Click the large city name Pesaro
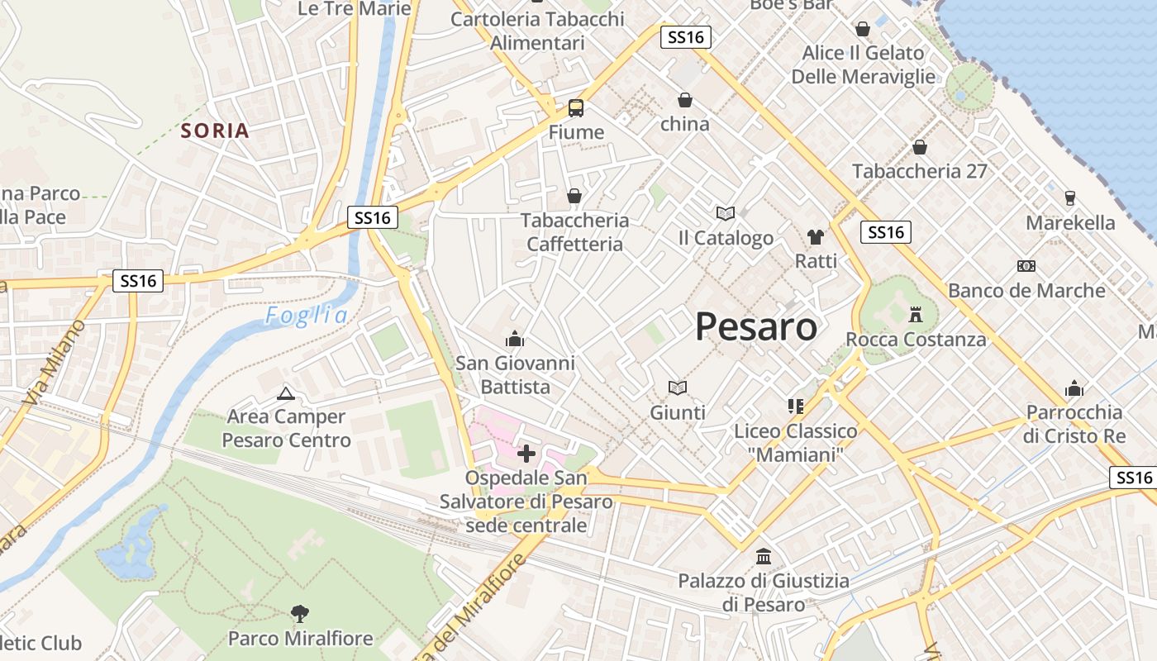(756, 327)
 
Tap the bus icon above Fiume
(576, 107)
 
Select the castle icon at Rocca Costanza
(916, 315)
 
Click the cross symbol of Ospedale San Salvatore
(526, 453)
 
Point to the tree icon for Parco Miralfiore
(300, 613)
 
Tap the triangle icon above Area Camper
(286, 393)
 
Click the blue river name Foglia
(307, 315)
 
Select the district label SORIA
(215, 131)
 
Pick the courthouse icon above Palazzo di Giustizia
(763, 556)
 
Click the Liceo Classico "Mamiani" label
(796, 442)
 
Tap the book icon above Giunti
(678, 388)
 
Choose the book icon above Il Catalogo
(726, 213)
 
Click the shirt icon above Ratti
(816, 237)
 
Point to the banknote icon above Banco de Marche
(1026, 266)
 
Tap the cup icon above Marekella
(1070, 198)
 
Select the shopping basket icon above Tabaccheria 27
(920, 147)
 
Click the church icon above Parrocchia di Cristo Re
(1074, 388)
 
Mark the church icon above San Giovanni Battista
(516, 339)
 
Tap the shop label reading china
(685, 124)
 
